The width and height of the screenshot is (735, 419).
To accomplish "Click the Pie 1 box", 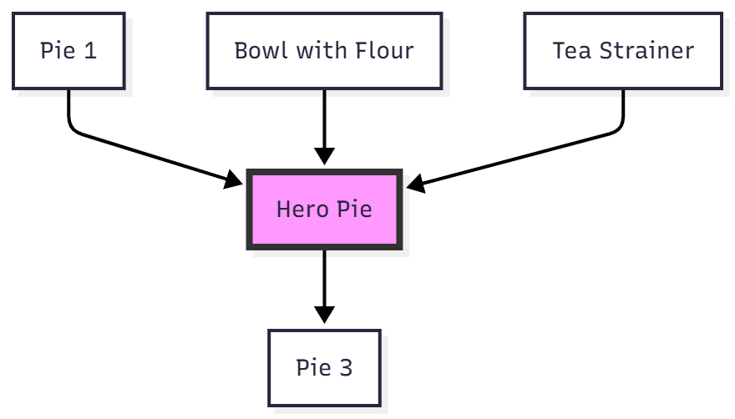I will click(68, 50).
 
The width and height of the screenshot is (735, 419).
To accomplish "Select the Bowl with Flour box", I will click(324, 50).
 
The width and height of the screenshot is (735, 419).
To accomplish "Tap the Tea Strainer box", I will click(623, 50).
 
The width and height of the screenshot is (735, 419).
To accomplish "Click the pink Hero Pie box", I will click(324, 209).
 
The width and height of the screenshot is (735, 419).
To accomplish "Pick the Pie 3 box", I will click(324, 368).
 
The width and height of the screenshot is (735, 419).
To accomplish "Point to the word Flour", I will click(386, 50).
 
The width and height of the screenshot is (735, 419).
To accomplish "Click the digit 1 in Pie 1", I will click(90, 50).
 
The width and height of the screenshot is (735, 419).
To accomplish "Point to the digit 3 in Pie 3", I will click(346, 368).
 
